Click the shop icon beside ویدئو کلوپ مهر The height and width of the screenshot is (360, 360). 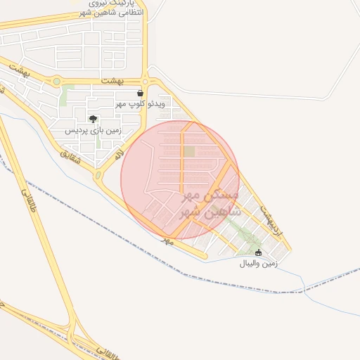[141, 93]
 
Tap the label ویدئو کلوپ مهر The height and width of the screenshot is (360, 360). [141, 104]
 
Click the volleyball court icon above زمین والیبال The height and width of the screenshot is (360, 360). [258, 252]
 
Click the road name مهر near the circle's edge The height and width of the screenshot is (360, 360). [167, 240]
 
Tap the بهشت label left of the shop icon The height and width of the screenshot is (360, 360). [112, 82]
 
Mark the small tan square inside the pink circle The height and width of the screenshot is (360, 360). [189, 151]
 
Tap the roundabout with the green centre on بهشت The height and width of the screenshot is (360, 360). [56, 82]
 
